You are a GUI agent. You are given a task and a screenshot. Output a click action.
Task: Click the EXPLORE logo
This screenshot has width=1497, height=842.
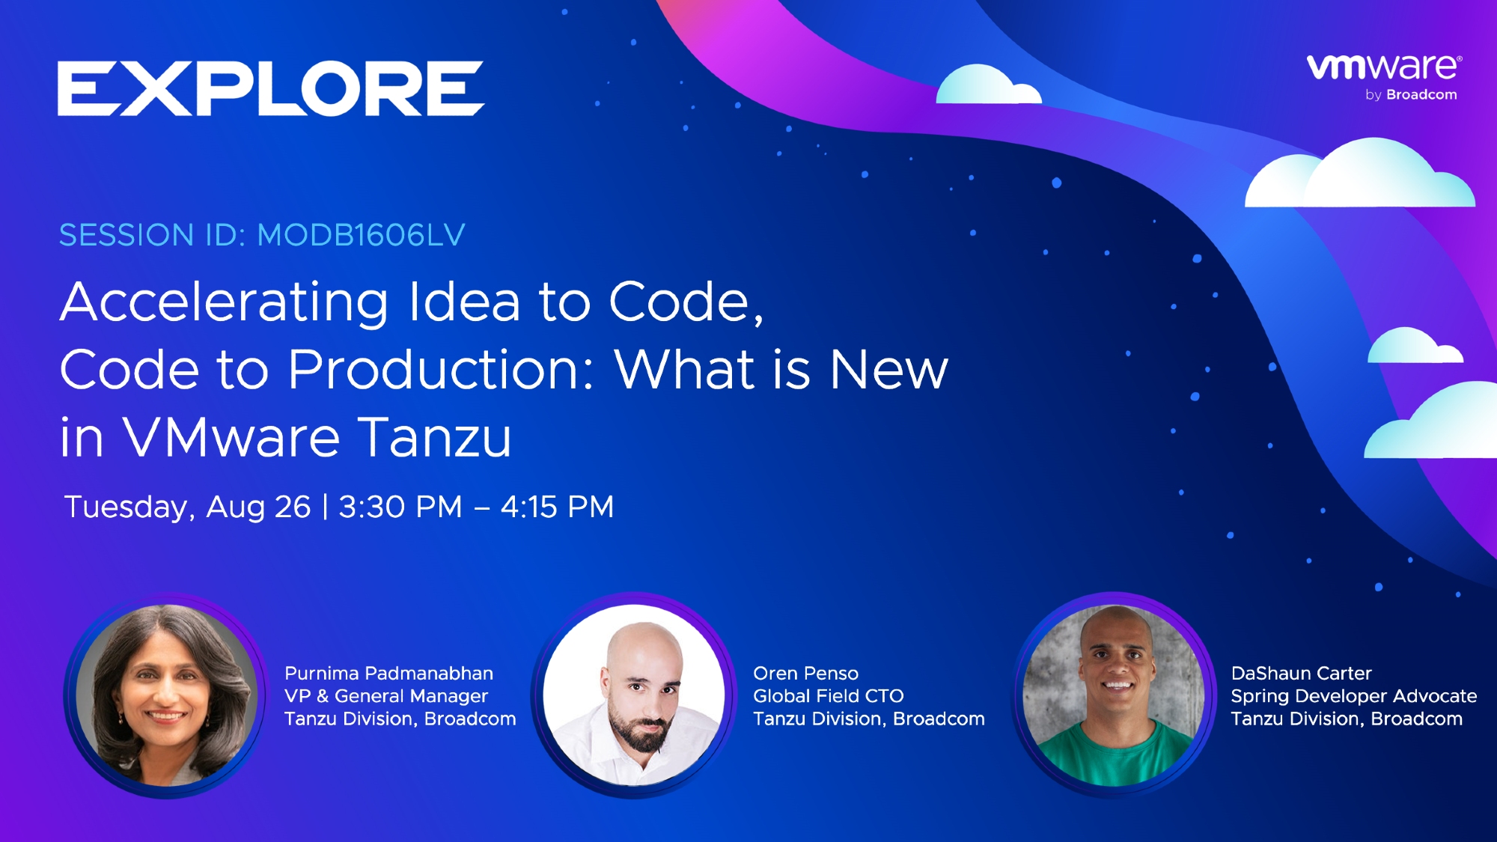coord(271,88)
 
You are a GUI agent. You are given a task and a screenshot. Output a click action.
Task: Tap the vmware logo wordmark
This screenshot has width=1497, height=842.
coord(1384,67)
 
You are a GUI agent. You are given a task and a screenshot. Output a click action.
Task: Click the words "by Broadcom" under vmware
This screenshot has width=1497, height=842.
coord(1411,95)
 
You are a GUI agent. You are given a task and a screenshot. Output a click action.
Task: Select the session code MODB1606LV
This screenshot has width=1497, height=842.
coord(361,235)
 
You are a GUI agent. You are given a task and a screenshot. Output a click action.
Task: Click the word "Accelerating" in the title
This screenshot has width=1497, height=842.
coord(224,304)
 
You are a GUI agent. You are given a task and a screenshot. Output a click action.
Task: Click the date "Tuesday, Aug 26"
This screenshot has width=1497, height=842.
coord(187,507)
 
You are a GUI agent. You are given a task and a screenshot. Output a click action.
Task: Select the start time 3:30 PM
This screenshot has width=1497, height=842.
coord(400,507)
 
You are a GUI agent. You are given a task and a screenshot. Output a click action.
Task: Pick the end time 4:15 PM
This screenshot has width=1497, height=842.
coord(558,507)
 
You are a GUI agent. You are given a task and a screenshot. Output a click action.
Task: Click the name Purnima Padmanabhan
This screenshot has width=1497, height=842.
coord(388,673)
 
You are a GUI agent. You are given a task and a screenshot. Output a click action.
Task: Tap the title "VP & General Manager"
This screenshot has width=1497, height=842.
coord(386,696)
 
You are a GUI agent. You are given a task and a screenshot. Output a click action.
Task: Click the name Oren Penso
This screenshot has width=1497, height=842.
coord(805,673)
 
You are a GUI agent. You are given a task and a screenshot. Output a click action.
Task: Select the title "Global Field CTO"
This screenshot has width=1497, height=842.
coord(829,696)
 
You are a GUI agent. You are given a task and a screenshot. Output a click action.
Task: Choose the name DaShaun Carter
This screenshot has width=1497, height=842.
coord(1302,673)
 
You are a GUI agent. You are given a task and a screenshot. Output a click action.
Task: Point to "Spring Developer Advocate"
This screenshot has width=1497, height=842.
coord(1354,696)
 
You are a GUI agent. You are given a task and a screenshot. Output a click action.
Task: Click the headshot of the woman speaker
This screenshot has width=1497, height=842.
coord(166,695)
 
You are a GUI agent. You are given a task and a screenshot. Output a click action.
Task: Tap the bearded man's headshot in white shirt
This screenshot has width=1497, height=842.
coord(634,695)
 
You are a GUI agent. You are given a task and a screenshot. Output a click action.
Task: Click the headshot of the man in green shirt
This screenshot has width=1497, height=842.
coord(1114,695)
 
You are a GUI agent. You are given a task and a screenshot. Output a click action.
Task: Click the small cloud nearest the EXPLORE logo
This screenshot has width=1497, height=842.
coord(988,85)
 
